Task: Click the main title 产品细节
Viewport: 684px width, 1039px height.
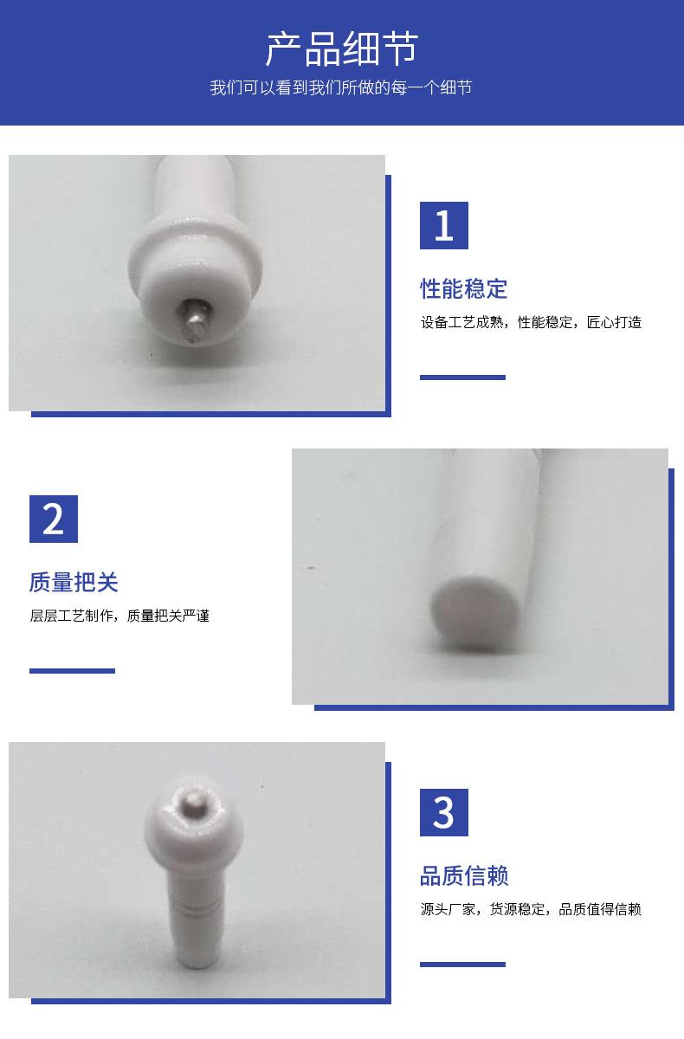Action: [x=341, y=48]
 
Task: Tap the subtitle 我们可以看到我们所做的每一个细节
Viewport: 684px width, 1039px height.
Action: [x=341, y=87]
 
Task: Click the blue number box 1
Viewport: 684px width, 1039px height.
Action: [x=444, y=225]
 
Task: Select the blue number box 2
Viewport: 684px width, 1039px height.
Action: [x=54, y=519]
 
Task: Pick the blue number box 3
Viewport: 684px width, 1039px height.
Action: [x=444, y=812]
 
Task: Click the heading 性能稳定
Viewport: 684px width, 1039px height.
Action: [x=463, y=288]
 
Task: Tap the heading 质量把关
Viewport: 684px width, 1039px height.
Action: [x=74, y=582]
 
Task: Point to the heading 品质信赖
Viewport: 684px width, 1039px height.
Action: [x=464, y=875]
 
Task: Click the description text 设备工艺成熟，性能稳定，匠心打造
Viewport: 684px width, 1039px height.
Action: [x=531, y=322]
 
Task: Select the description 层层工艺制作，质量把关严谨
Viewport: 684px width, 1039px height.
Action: [x=119, y=616]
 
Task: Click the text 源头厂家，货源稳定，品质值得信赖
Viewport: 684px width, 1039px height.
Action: [x=531, y=909]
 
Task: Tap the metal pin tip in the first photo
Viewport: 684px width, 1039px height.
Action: [x=195, y=320]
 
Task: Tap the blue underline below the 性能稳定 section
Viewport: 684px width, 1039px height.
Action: [x=462, y=378]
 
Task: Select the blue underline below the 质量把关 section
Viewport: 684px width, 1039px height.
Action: [x=72, y=671]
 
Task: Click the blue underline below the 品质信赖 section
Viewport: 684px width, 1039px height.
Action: [x=462, y=965]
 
